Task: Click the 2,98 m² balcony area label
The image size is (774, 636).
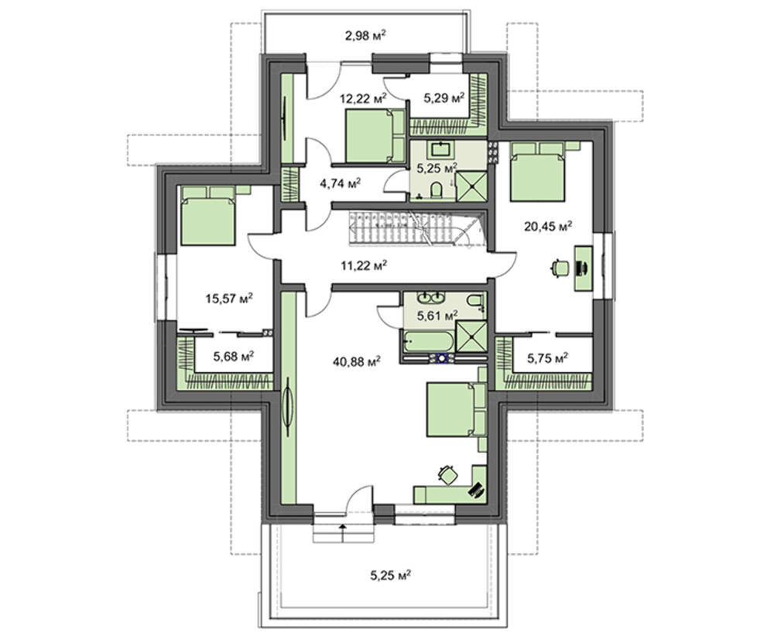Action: pos(365,36)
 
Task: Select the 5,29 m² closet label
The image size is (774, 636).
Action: pos(444,97)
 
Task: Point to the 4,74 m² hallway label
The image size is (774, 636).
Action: pos(341,184)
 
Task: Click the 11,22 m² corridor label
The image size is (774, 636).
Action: pos(364,266)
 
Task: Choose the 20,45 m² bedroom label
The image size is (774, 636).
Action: pos(548,226)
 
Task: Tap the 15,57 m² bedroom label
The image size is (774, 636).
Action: pos(229,298)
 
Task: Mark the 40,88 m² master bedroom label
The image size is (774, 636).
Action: pos(357,361)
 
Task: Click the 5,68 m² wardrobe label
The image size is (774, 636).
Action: pos(234,356)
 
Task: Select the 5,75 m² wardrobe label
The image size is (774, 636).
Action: pos(547,357)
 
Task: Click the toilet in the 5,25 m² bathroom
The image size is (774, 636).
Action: pos(437,190)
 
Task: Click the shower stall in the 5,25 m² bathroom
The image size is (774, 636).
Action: pos(471,186)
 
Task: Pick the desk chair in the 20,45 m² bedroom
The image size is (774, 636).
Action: pos(560,268)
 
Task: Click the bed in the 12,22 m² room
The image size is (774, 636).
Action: pos(375,135)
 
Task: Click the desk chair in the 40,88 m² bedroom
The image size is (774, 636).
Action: pos(448,474)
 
